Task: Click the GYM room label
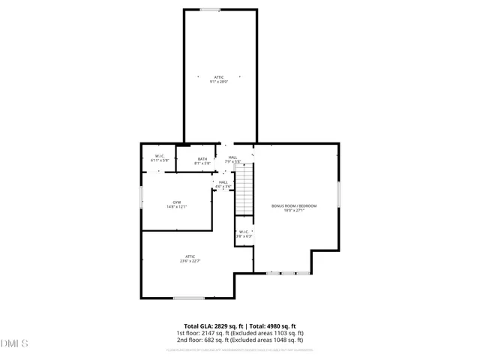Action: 177,202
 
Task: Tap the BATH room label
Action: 202,159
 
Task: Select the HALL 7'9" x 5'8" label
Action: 233,159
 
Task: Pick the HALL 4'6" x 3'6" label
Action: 223,184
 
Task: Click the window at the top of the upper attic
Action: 210,10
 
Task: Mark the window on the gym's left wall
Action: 141,196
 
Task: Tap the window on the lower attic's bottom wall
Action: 189,298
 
